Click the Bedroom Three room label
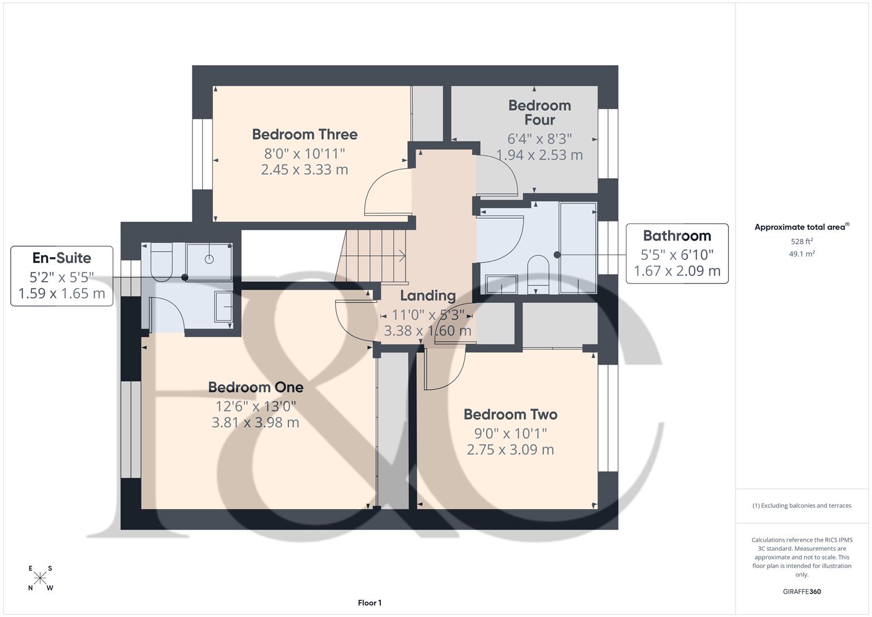pyautogui.click(x=304, y=134)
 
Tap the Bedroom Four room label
pyautogui.click(x=539, y=113)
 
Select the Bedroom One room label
pyautogui.click(x=255, y=387)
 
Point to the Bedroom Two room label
pyautogui.click(x=510, y=414)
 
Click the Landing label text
pyautogui.click(x=427, y=295)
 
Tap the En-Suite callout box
pyautogui.click(x=62, y=276)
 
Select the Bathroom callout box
pyautogui.click(x=677, y=253)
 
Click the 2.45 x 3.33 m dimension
pyautogui.click(x=304, y=170)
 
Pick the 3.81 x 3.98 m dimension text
pyautogui.click(x=255, y=423)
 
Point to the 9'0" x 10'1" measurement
pyautogui.click(x=510, y=433)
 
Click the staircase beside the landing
pyautogui.click(x=374, y=256)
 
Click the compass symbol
pyautogui.click(x=40, y=578)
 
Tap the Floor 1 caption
pyautogui.click(x=369, y=603)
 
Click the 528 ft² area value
pyautogui.click(x=801, y=242)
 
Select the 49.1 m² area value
pyautogui.click(x=801, y=254)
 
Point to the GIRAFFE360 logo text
pyautogui.click(x=801, y=591)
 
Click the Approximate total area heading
pyautogui.click(x=801, y=227)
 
